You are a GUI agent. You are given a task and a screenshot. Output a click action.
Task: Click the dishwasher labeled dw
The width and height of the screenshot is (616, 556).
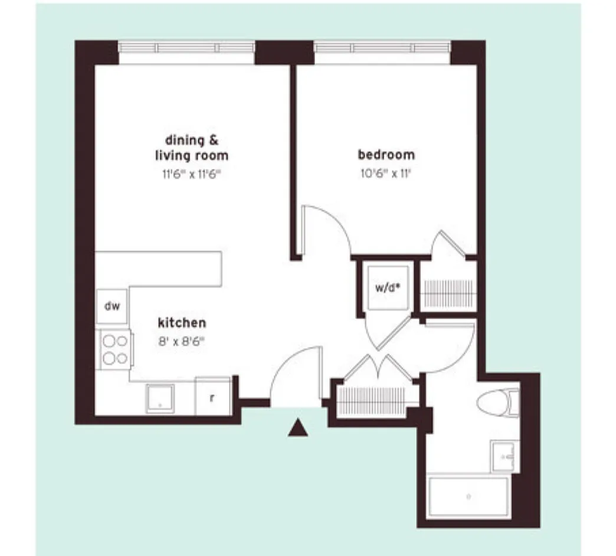click(x=112, y=306)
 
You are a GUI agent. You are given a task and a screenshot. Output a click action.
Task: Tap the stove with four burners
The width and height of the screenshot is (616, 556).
click(x=114, y=349)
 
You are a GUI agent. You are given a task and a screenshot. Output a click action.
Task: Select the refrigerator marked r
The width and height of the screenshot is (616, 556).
click(x=212, y=396)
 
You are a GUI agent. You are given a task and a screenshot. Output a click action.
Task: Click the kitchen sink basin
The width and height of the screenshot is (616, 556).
click(x=160, y=398)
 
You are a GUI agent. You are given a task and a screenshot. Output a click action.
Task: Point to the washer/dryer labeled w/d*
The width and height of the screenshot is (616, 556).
click(x=387, y=287)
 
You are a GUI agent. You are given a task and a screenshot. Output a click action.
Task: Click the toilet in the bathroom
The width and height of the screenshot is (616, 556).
click(x=498, y=403)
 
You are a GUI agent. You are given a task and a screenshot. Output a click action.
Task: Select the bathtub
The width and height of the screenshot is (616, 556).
click(x=468, y=496)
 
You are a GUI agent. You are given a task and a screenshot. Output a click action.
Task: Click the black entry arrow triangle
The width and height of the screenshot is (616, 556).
click(x=298, y=428)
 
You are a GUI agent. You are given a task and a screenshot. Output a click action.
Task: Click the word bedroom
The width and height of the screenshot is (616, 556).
click(x=386, y=155)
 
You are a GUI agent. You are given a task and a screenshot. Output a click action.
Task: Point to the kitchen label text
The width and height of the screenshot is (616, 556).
click(x=182, y=323)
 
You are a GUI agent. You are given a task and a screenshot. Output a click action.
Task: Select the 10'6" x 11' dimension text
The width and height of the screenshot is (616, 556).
click(x=386, y=174)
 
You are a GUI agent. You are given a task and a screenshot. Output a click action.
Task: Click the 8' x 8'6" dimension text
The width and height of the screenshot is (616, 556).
click(x=182, y=342)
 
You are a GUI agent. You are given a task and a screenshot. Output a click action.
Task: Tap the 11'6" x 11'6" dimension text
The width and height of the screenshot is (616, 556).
click(x=192, y=174)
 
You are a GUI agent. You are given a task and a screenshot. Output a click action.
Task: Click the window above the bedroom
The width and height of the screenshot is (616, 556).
click(x=382, y=48)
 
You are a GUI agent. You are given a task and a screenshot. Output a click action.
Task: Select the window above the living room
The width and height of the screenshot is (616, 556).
click(x=186, y=48)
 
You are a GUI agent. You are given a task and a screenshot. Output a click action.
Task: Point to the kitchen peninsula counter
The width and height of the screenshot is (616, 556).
click(x=158, y=269)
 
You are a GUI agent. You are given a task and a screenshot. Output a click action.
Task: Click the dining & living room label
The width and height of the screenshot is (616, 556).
click(x=192, y=148)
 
